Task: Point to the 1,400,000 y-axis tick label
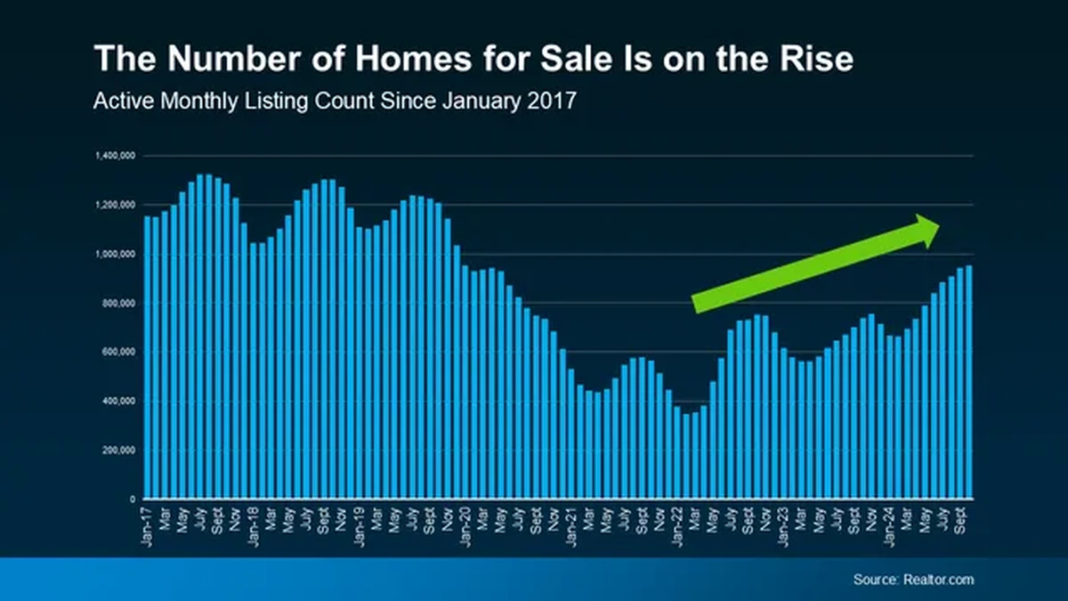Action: click(115, 156)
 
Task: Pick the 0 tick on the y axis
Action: click(132, 499)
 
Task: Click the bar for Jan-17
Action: click(148, 356)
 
